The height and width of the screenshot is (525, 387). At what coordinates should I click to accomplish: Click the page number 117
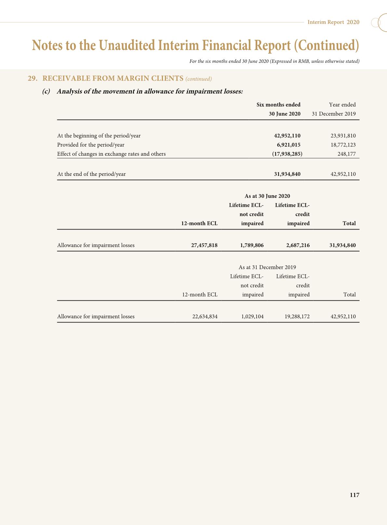(354, 495)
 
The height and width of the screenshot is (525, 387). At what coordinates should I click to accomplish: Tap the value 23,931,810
(343, 136)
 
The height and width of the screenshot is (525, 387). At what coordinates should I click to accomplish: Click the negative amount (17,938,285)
(287, 154)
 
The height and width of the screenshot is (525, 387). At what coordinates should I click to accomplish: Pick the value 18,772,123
(343, 145)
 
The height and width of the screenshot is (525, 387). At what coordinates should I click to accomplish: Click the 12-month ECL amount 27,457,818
(204, 245)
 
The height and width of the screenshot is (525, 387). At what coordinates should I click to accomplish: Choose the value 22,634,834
(205, 316)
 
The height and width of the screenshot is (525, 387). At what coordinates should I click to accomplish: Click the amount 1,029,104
(252, 316)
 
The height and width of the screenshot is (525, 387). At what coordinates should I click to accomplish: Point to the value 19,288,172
(297, 316)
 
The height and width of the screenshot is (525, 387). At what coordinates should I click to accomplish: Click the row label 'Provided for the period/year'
(91, 145)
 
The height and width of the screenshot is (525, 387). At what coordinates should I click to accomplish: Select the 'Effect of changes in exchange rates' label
(111, 154)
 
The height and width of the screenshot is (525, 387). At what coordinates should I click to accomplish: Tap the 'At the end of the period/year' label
(91, 174)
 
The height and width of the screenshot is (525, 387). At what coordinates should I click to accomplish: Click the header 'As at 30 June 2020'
(267, 196)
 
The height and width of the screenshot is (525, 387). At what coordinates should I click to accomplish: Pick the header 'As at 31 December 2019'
(267, 267)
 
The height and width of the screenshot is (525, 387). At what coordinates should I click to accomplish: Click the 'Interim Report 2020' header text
(333, 22)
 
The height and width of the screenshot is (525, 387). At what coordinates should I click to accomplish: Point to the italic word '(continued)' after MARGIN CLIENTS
(198, 79)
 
